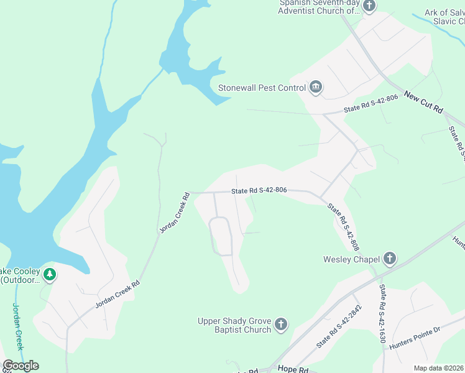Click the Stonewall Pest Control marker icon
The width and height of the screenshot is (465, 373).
315,88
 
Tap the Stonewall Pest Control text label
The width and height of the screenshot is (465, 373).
262,88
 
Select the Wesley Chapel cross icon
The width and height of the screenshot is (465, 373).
389,259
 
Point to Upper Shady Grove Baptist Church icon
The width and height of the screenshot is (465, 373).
281,325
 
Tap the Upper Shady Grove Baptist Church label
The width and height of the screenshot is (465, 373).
234,325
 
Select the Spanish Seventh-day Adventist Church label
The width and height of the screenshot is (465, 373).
319,7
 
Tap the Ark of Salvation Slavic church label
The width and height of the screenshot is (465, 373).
444,17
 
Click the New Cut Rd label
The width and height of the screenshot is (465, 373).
423,103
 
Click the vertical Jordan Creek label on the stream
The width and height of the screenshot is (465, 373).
18,327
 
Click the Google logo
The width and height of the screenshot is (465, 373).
21,366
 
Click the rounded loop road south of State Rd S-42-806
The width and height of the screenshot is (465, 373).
221,236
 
